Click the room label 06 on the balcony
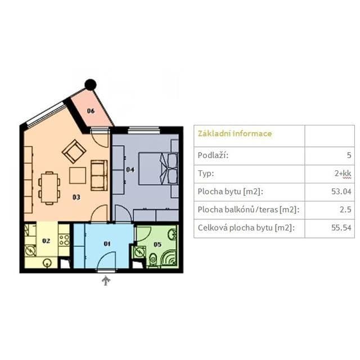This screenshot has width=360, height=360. [x=91, y=111]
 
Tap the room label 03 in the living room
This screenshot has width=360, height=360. [x=76, y=197]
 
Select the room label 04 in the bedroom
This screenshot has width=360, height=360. [x=129, y=169]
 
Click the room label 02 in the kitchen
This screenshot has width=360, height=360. [x=46, y=241]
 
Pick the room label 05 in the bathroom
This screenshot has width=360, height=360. [x=157, y=244]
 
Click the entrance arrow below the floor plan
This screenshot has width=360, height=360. [x=105, y=280]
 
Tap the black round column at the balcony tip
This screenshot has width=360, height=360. [x=91, y=85]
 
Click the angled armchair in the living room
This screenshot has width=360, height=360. [x=74, y=151]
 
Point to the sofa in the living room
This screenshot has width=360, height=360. [x=99, y=174]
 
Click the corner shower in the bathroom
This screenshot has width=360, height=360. [x=168, y=258]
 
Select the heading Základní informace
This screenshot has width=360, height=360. [x=235, y=134]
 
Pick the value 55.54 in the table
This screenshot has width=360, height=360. [x=341, y=228]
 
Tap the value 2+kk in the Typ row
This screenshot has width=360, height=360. [x=343, y=173]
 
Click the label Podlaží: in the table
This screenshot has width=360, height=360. [x=213, y=155]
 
